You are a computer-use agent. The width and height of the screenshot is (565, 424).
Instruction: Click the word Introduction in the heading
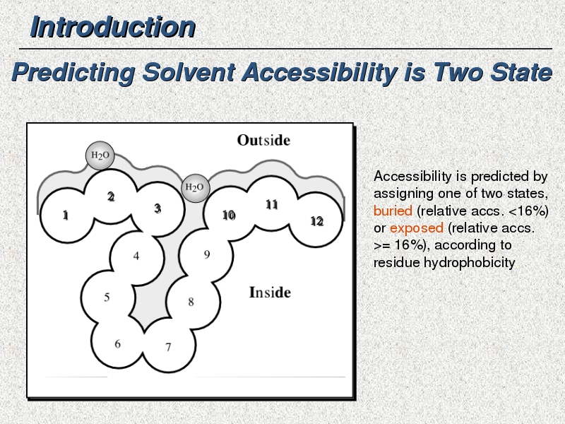click(113, 27)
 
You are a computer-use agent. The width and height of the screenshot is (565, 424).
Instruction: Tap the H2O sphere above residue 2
click(100, 155)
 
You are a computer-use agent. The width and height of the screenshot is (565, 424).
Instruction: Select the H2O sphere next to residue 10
click(196, 188)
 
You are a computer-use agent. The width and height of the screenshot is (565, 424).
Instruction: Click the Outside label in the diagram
click(263, 140)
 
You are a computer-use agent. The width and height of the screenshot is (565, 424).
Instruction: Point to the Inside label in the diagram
click(270, 293)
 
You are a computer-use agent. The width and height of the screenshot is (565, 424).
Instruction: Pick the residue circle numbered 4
click(136, 257)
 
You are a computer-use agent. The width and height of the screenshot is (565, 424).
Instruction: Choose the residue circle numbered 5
click(107, 298)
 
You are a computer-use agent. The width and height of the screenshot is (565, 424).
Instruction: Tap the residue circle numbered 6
click(117, 343)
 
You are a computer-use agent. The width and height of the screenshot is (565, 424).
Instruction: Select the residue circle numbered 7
click(168, 346)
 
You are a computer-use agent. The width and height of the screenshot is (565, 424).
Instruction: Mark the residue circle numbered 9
click(206, 254)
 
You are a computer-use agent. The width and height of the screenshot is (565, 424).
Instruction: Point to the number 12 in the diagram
click(316, 221)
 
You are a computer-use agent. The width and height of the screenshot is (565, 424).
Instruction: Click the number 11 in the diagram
click(272, 205)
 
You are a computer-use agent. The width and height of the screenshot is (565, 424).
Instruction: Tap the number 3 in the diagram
click(157, 208)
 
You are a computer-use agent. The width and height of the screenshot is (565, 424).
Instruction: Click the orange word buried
click(393, 211)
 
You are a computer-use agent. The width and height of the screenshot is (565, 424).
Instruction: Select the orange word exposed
click(417, 228)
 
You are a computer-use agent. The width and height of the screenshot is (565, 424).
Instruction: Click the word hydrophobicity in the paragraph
click(469, 262)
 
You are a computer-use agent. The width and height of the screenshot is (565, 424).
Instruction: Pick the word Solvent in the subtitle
click(189, 72)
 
